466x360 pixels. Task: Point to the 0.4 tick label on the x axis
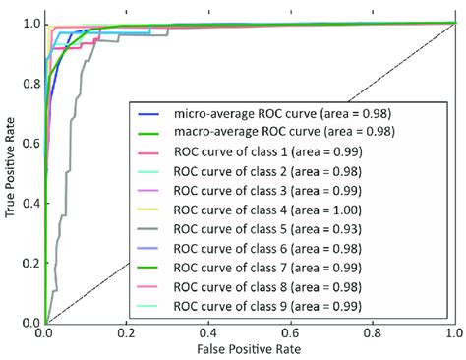click(x=207, y=332)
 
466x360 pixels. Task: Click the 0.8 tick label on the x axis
click(x=371, y=332)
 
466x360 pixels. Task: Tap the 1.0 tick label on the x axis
click(x=452, y=332)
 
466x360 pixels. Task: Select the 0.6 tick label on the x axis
click(x=289, y=332)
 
